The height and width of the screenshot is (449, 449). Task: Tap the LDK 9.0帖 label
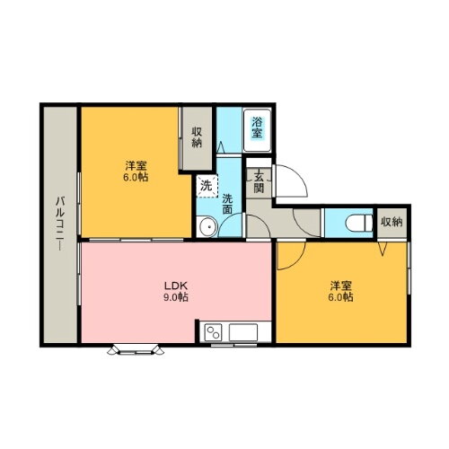(175, 290)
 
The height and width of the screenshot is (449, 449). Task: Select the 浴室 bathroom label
(257, 128)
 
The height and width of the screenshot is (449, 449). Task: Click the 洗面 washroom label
(228, 204)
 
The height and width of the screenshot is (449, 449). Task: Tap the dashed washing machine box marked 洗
(207, 186)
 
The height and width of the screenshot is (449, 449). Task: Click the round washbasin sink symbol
(207, 226)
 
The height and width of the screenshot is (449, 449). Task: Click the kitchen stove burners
(216, 332)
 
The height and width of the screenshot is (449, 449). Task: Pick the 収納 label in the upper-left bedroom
(196, 136)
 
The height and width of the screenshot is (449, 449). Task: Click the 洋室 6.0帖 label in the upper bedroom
(136, 171)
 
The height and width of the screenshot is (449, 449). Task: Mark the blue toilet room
(350, 222)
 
